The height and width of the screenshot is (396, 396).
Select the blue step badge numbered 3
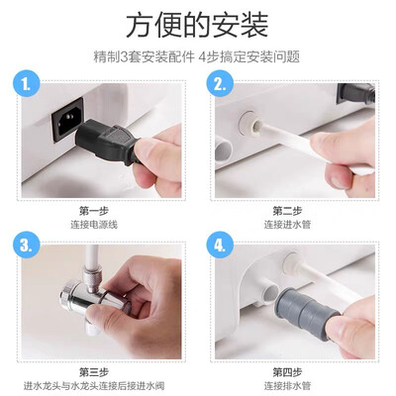click(27, 245)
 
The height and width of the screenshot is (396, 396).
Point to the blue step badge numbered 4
click(220, 245)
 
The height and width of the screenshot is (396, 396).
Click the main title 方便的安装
click(197, 26)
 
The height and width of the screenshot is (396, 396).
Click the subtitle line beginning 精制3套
click(197, 56)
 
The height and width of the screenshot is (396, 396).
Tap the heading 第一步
click(94, 211)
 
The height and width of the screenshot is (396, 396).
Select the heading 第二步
click(287, 211)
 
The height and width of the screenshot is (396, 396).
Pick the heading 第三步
click(94, 372)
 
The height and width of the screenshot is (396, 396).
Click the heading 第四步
click(287, 372)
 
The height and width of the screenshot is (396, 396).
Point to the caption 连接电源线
click(94, 225)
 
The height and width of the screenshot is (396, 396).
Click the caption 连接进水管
click(287, 225)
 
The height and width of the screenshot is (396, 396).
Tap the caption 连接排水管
click(287, 386)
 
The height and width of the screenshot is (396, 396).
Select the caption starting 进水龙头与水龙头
click(94, 386)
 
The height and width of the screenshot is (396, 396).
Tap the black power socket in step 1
click(67, 120)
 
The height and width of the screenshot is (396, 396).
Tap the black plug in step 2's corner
click(356, 94)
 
